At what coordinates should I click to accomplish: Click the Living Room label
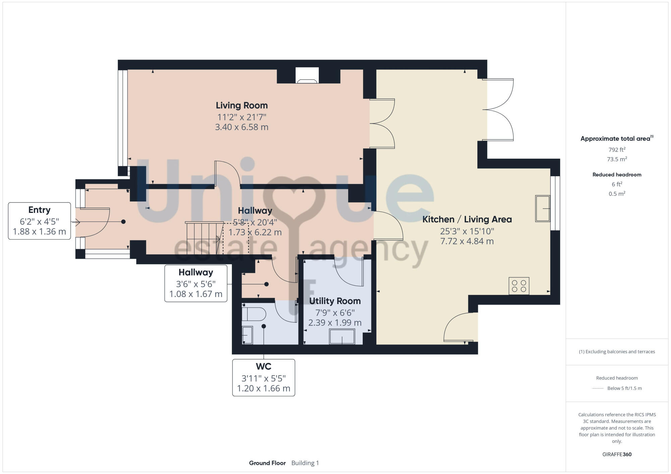(x=242, y=105)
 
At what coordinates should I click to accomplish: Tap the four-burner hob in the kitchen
(x=519, y=286)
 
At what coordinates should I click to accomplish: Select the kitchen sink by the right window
(x=542, y=209)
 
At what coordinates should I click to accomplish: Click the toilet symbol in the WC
(x=254, y=314)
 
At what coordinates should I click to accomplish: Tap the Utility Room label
(x=335, y=301)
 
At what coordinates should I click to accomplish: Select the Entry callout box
(x=39, y=221)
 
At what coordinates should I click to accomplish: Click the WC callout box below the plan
(x=263, y=377)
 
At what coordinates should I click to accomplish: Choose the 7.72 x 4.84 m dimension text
(x=467, y=241)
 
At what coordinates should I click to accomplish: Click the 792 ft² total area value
(x=617, y=150)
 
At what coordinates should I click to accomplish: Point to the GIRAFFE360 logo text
(x=617, y=454)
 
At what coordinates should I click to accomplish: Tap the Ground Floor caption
(x=267, y=463)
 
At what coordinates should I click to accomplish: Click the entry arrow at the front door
(x=75, y=222)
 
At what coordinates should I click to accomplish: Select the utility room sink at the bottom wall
(x=342, y=336)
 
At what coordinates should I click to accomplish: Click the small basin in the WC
(x=247, y=335)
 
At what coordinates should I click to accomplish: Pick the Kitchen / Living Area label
(x=467, y=219)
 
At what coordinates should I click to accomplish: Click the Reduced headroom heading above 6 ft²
(x=617, y=174)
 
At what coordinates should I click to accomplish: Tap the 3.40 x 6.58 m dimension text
(x=242, y=127)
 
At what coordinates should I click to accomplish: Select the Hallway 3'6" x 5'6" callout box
(x=196, y=283)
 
